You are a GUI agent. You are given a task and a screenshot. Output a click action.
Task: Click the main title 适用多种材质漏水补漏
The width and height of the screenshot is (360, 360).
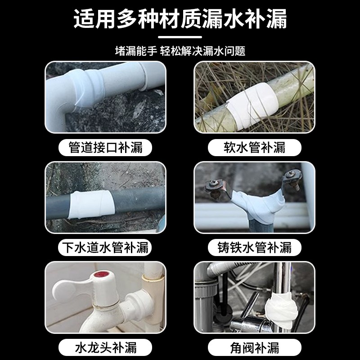[x=180, y=20]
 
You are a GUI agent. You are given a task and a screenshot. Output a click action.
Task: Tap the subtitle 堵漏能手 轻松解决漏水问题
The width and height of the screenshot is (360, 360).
[x=180, y=50]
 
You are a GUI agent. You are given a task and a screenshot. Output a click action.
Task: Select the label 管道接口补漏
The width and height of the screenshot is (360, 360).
[x=106, y=147]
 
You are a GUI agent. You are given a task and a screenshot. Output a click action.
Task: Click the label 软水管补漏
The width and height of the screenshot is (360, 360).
[x=254, y=147]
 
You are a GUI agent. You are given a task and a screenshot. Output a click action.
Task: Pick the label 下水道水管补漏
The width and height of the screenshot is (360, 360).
[x=106, y=247]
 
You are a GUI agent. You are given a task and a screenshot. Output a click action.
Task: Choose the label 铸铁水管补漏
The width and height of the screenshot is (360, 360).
[x=254, y=247]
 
